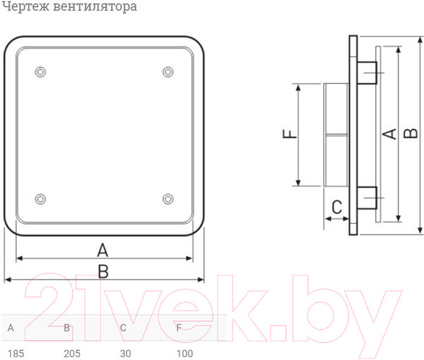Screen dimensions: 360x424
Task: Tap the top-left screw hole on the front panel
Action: (40, 71)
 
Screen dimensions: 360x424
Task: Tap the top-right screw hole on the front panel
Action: (167, 71)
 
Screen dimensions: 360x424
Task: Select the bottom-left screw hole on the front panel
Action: (40, 199)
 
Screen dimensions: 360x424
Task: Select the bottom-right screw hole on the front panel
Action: (167, 199)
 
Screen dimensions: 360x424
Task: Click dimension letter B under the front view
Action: (103, 270)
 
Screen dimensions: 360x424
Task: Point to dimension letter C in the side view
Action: (337, 207)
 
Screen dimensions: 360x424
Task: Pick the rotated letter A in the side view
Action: (388, 134)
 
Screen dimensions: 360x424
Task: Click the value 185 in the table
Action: (15, 352)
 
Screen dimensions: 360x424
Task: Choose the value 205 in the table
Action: (71, 352)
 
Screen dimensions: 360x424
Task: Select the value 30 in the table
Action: (126, 352)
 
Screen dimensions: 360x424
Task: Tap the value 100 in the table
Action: (184, 352)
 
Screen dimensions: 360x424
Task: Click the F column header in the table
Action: (179, 328)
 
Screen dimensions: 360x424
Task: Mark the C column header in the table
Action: (123, 328)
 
